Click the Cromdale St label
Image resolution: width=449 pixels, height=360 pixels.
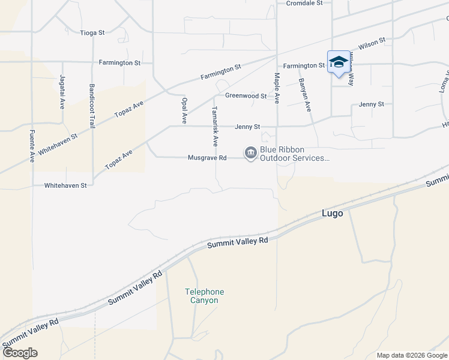(x=304, y=3)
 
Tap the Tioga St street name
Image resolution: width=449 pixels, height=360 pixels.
(x=92, y=32)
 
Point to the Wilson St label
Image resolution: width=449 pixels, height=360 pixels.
(x=372, y=44)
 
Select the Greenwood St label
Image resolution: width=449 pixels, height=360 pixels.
(x=246, y=95)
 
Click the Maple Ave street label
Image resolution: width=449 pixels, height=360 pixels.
(x=277, y=88)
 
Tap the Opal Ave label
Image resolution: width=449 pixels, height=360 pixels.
(x=185, y=107)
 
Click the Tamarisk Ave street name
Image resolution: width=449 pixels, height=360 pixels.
(x=215, y=127)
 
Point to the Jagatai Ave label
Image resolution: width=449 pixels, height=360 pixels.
(x=62, y=92)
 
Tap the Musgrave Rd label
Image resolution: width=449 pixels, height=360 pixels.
(x=206, y=158)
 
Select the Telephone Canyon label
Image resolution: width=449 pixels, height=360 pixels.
(x=204, y=296)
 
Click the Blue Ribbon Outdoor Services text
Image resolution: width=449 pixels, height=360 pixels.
(x=294, y=154)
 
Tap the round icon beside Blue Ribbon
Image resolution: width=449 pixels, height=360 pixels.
(x=250, y=154)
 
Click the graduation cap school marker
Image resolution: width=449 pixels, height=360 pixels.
(x=339, y=62)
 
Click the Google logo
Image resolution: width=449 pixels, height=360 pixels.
(x=20, y=352)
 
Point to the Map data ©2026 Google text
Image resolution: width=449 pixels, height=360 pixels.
(x=411, y=355)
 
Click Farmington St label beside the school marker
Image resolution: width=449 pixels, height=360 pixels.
(x=304, y=65)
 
